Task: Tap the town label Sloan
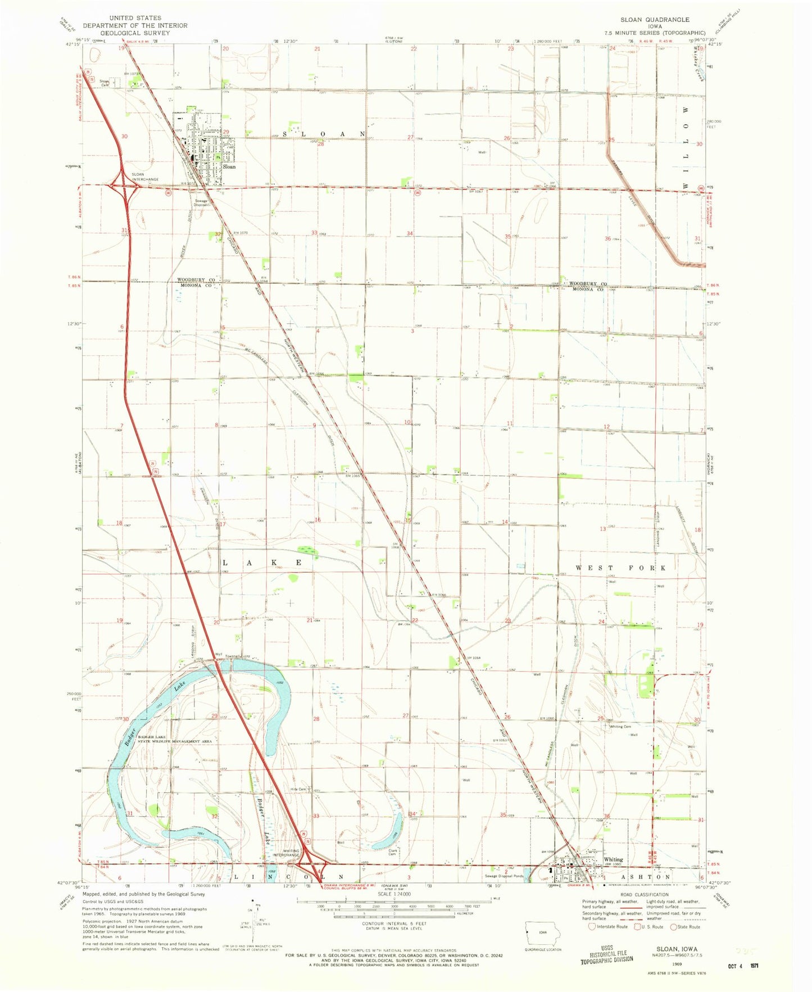(x=229, y=167)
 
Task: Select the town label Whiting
(x=613, y=859)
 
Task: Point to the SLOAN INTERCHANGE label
(x=145, y=177)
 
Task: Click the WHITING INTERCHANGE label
(x=287, y=853)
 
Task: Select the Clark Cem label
(x=393, y=852)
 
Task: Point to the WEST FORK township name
(x=620, y=568)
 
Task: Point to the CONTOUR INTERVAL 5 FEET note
(x=395, y=923)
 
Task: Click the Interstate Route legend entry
(x=608, y=927)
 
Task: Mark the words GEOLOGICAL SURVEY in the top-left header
(x=135, y=33)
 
